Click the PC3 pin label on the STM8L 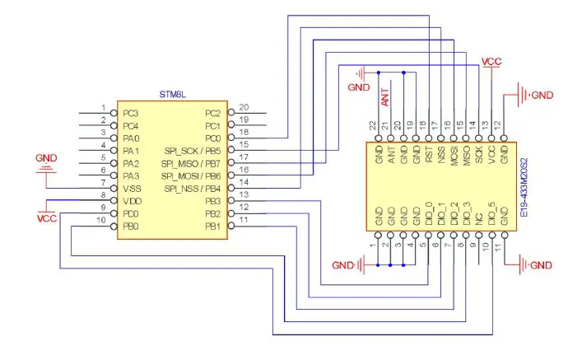point(131,113)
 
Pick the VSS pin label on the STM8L point(132,189)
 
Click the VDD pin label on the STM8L point(132,201)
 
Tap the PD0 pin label point(131,213)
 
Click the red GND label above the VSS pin point(48,157)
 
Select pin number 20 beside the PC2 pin point(244,108)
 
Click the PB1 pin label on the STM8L point(212,226)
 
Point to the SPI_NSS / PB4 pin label point(191,189)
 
